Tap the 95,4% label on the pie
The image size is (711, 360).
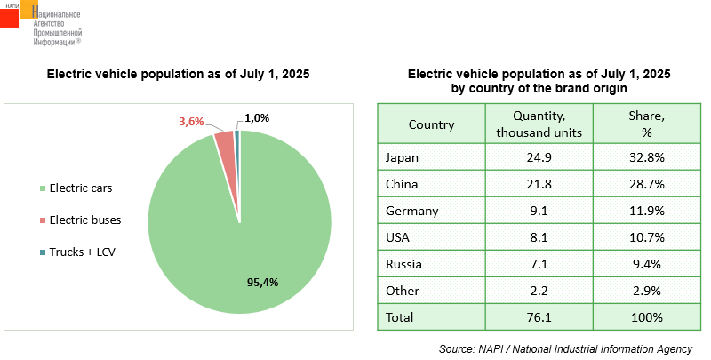point(262,283)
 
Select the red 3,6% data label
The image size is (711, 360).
point(193,122)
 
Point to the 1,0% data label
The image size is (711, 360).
point(257,118)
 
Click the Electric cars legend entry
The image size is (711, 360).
point(80,188)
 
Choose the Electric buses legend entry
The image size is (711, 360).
point(84,220)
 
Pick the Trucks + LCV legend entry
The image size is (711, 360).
point(83,252)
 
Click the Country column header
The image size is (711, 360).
point(431,124)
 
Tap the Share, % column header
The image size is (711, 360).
point(646,124)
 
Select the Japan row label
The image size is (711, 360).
point(402,158)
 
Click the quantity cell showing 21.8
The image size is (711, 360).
point(539,185)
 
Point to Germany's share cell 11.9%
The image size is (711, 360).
point(646,212)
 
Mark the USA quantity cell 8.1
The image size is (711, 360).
point(539,238)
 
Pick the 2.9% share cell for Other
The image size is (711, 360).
point(646,291)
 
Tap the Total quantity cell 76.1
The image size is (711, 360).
point(539,317)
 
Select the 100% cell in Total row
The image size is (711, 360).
point(646,317)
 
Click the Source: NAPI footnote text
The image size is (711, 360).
point(565,349)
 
